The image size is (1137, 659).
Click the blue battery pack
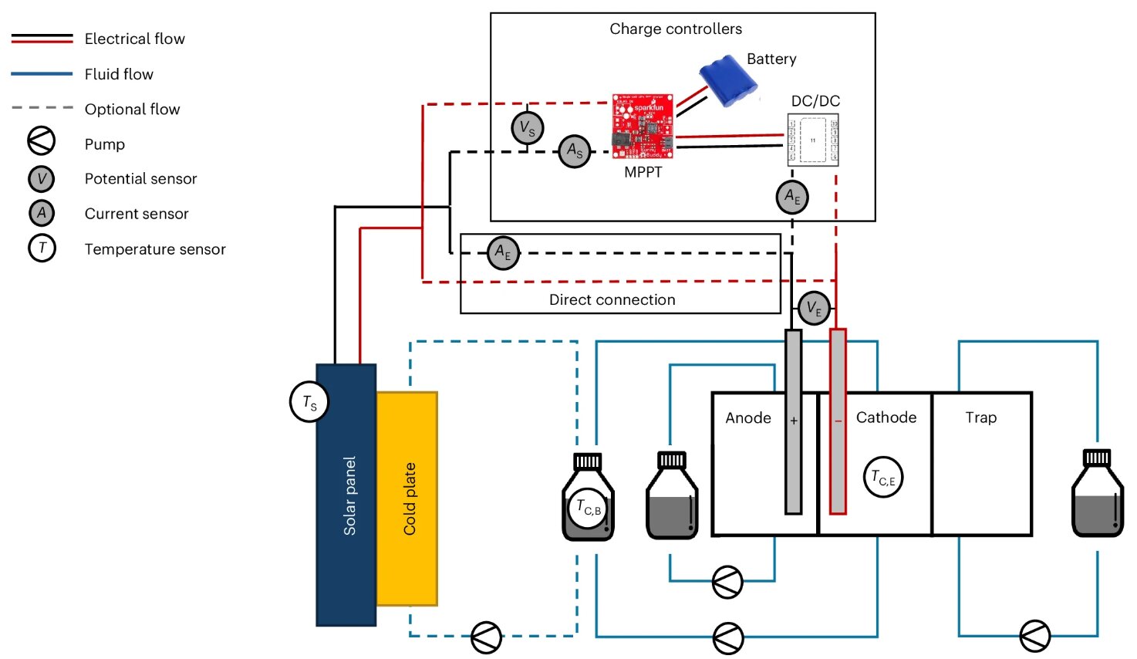click(x=727, y=79)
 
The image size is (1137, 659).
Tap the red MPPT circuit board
click(x=642, y=126)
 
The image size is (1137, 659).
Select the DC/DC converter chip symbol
click(x=812, y=140)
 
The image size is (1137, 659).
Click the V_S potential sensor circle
click(x=528, y=127)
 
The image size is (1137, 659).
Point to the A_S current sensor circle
click(x=575, y=151)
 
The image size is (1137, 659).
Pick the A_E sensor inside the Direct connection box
click(x=503, y=253)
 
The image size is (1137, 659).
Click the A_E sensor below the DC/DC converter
click(x=792, y=197)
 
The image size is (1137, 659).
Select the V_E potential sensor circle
click(x=814, y=308)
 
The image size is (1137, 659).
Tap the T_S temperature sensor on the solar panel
click(x=309, y=402)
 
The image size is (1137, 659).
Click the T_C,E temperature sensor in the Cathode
click(x=882, y=478)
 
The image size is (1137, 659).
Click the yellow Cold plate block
click(x=407, y=498)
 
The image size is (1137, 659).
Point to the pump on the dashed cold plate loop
click(x=486, y=637)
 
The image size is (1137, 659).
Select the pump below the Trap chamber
click(x=1034, y=636)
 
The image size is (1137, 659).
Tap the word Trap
click(x=980, y=417)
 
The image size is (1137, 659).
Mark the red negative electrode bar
click(x=838, y=421)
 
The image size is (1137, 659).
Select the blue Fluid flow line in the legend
click(x=42, y=74)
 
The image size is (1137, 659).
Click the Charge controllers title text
click(x=676, y=29)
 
